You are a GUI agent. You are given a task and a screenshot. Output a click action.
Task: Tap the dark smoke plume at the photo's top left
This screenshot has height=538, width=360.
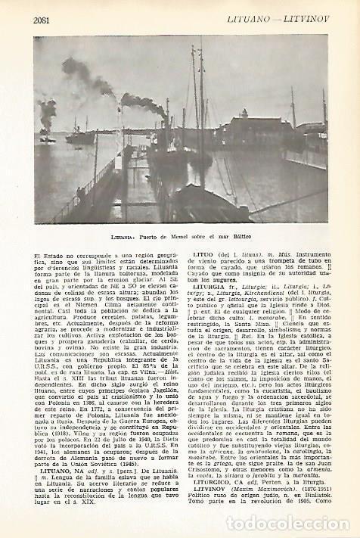click(79, 74)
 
